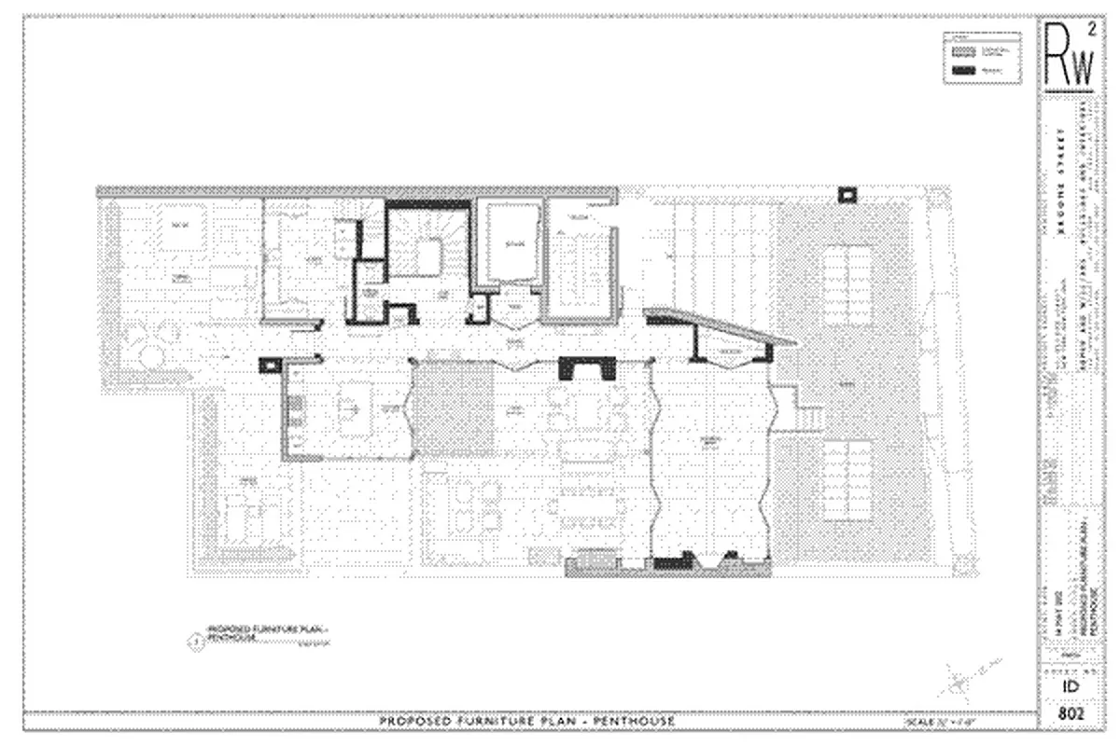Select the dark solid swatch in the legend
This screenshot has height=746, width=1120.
pos(964,70)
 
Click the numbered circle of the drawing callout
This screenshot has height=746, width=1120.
pos(195,639)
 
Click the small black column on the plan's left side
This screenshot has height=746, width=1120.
pos(269,365)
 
